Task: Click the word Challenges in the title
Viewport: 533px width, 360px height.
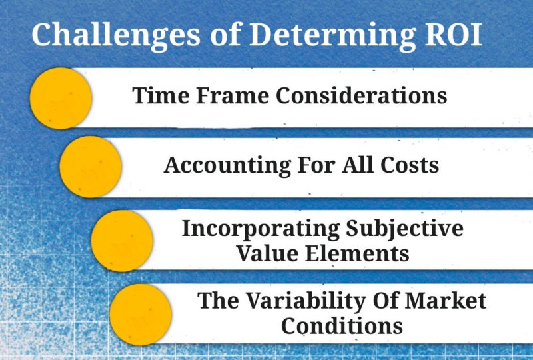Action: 116,35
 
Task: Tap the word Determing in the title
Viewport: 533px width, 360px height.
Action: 332,35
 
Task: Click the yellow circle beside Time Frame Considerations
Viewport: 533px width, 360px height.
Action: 61,99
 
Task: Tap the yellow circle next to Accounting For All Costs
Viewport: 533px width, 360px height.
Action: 91,167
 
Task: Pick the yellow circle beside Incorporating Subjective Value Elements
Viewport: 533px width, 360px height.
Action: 122,241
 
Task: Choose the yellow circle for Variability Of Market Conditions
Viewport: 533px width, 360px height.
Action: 141,315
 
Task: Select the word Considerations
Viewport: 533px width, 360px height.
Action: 361,95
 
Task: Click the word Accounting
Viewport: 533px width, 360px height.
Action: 227,166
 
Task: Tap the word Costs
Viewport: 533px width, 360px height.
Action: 410,165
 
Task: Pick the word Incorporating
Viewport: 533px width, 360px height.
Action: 261,229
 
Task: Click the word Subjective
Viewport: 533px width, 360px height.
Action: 404,229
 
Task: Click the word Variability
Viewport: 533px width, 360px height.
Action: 305,301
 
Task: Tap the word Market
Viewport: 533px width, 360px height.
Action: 446,301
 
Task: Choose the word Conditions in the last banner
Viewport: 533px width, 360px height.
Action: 342,325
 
